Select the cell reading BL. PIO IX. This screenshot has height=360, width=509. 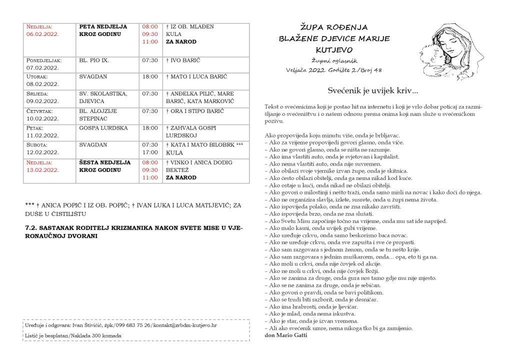point(93,60)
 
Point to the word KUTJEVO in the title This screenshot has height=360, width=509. point(334,50)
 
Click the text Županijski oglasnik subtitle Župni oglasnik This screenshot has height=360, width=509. point(333,60)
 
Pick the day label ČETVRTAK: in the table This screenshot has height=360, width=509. point(41,110)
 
